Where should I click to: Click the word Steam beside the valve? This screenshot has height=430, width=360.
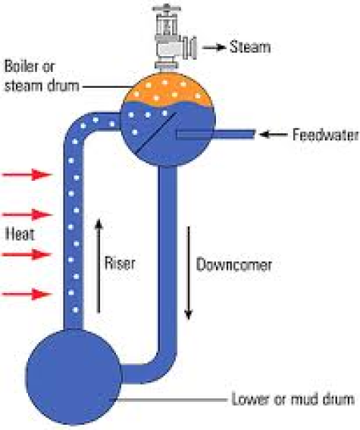[x=250, y=47]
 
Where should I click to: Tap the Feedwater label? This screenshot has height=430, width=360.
[x=325, y=135]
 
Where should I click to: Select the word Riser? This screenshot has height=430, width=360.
[x=120, y=263]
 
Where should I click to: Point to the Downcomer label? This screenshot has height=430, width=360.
[x=234, y=264]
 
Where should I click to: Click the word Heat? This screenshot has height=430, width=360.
[x=19, y=234]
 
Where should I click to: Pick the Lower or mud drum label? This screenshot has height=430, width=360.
[x=293, y=399]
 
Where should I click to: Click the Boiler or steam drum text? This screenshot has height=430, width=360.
[x=42, y=76]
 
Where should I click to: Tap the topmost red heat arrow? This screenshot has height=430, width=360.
[x=27, y=174]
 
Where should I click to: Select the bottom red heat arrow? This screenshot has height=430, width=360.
[x=27, y=295]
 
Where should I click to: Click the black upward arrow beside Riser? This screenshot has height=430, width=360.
[x=99, y=266]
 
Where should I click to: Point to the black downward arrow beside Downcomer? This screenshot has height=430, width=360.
[x=189, y=273]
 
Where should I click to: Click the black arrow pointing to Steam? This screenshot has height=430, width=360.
[x=215, y=48]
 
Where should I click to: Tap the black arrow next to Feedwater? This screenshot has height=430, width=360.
[x=273, y=135]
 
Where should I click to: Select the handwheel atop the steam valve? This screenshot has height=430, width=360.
[x=166, y=9]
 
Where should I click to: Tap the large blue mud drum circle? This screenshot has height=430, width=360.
[x=73, y=377]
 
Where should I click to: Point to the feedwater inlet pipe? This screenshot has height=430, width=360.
[x=215, y=135]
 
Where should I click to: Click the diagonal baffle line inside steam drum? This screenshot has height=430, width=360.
[x=156, y=133]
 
